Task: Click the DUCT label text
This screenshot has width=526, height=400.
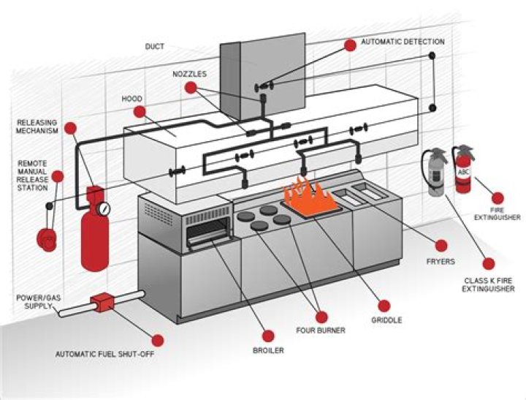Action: [154, 46]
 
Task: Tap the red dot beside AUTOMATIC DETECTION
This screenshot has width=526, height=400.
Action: [350, 45]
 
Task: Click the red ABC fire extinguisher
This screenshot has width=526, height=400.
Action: [462, 170]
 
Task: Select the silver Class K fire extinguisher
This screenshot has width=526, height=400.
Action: [435, 174]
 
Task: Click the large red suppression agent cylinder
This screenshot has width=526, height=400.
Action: [94, 234]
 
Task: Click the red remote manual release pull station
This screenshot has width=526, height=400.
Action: [49, 241]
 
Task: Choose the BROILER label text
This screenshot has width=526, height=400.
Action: [268, 350]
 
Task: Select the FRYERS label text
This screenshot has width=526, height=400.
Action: [442, 260]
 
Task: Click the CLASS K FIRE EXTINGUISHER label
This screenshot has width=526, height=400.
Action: [489, 284]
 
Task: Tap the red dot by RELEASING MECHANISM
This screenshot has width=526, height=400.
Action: [70, 128]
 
